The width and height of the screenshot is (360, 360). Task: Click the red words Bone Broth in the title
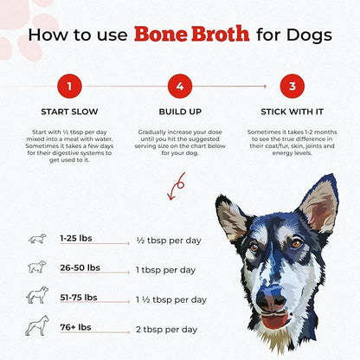pyautogui.click(x=192, y=34)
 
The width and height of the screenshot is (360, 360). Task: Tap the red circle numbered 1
pyautogui.click(x=69, y=86)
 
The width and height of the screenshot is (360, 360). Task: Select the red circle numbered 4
pyautogui.click(x=180, y=86)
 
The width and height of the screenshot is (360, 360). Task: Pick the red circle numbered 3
pyautogui.click(x=292, y=86)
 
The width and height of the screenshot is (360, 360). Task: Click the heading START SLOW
pyautogui.click(x=69, y=112)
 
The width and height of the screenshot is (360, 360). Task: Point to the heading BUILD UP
pyautogui.click(x=180, y=112)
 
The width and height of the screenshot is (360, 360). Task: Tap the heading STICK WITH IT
pyautogui.click(x=292, y=112)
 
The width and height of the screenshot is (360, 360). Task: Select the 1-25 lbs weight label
pyautogui.click(x=76, y=238)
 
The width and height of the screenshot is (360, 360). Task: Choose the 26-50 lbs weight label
pyautogui.click(x=80, y=267)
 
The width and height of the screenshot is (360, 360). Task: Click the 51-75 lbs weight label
pyautogui.click(x=79, y=298)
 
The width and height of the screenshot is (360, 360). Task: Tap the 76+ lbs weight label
pyautogui.click(x=75, y=327)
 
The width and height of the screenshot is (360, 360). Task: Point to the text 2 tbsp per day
pyautogui.click(x=167, y=330)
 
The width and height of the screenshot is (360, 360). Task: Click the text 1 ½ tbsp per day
pyautogui.click(x=171, y=300)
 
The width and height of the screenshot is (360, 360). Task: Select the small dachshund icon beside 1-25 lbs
pyautogui.click(x=37, y=239)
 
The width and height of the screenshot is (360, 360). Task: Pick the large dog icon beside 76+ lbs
pyautogui.click(x=37, y=325)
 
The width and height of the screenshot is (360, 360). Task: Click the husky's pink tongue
pyautogui.click(x=275, y=321)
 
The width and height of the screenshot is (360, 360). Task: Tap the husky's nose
pyautogui.click(x=271, y=299)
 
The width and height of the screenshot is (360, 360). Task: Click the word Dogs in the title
pyautogui.click(x=309, y=35)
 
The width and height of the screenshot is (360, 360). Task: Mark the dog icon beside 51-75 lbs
pyautogui.click(x=37, y=295)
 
